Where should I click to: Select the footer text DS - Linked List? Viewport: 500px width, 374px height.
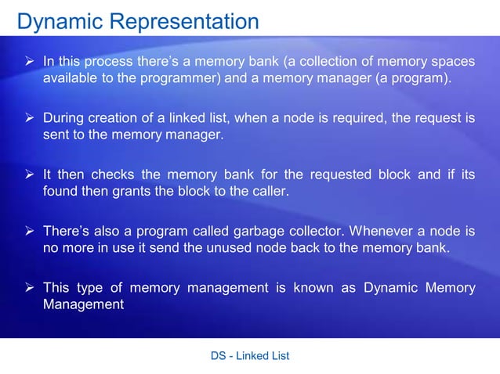pos(250,356)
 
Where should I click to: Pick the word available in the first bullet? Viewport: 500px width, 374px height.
pos(69,79)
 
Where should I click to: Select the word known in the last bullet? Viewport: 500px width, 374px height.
pos(313,288)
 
